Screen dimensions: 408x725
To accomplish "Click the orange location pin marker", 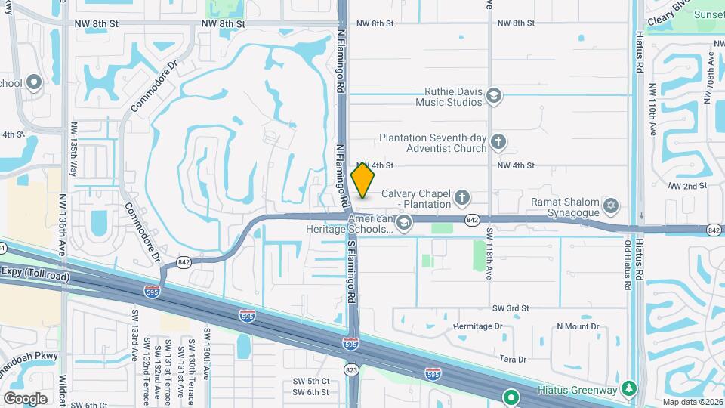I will point(362,181).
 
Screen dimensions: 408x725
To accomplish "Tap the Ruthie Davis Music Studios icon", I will point(494,95).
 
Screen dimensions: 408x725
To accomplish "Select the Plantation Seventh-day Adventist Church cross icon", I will point(498,141).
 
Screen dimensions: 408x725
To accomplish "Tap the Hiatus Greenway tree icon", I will point(628,389).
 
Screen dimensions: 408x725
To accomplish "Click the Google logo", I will point(25,398).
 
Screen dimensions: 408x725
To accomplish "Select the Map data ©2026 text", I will point(693,401).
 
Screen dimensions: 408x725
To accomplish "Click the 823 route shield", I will point(350,369).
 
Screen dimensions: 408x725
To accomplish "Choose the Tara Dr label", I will point(511,360).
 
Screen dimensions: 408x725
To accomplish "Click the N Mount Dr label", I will point(578,326).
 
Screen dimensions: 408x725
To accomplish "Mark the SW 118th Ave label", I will point(489,253).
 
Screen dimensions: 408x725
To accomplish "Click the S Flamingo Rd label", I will point(351,272).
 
